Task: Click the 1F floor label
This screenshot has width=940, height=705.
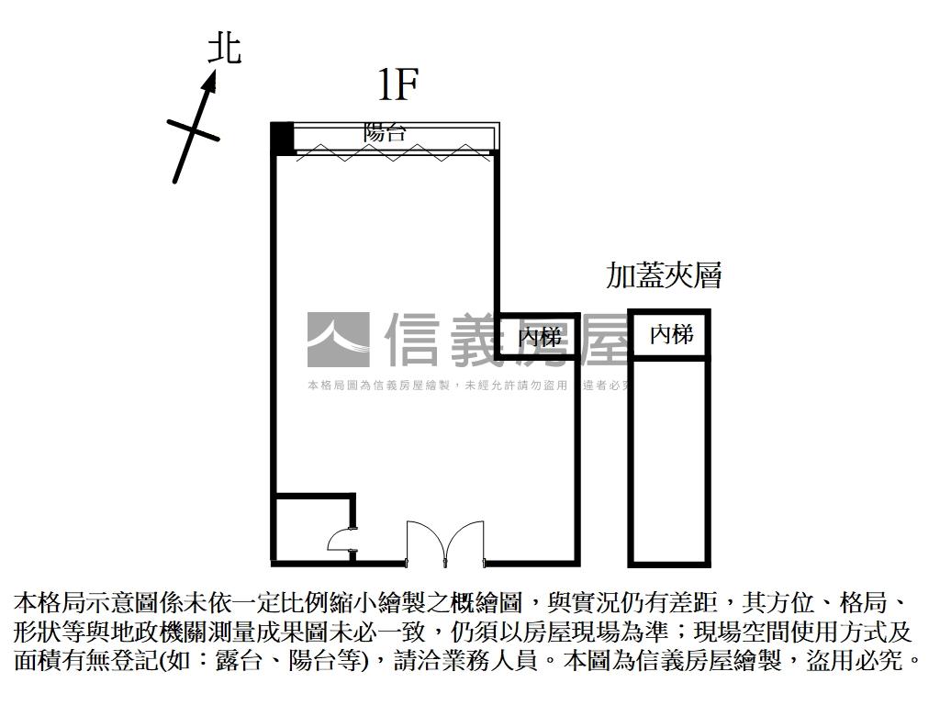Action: [x=398, y=85]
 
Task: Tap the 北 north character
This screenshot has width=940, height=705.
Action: [x=225, y=49]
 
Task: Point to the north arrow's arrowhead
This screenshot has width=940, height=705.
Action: [x=211, y=83]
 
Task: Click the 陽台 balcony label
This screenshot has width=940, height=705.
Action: [x=385, y=132]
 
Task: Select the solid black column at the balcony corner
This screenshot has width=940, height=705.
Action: [x=282, y=138]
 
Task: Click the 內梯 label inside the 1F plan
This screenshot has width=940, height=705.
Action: [x=539, y=337]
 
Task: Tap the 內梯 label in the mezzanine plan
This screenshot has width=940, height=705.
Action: [x=671, y=335]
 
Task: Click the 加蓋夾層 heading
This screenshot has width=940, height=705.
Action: [x=664, y=274]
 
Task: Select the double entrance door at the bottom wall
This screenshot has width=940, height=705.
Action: [x=445, y=543]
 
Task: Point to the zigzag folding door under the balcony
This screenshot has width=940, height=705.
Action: [x=395, y=152]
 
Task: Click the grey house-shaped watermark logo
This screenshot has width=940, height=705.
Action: [x=338, y=340]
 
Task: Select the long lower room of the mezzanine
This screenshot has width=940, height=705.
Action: [x=669, y=459]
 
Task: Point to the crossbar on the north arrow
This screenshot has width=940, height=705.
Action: [x=194, y=129]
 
